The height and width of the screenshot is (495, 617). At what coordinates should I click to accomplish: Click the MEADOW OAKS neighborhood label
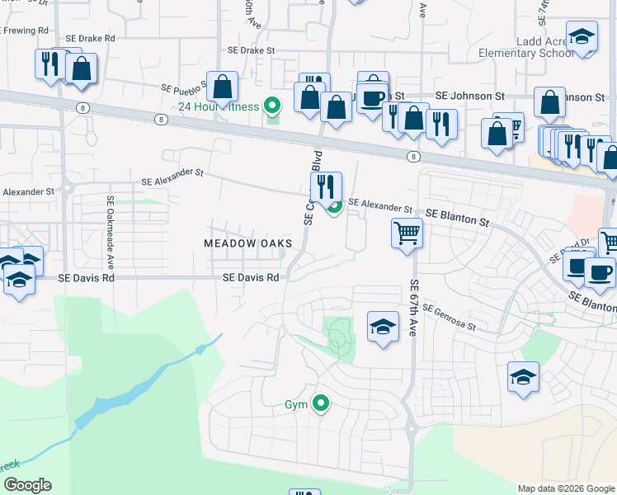[x=248, y=243]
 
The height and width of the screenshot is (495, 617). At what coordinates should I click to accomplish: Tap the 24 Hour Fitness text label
[x=219, y=106]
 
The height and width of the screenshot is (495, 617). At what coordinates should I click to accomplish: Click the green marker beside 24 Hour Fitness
[x=271, y=106]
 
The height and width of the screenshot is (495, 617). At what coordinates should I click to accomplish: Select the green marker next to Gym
[x=322, y=403]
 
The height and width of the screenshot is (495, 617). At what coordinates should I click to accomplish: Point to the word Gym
[x=295, y=405]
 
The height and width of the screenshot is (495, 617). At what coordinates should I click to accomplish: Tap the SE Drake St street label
[x=250, y=50]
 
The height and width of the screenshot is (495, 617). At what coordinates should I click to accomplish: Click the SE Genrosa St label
[x=449, y=318]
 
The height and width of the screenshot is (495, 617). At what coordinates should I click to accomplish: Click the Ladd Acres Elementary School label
[x=525, y=47]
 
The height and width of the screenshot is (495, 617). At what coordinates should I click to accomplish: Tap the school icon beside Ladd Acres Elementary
[x=582, y=38]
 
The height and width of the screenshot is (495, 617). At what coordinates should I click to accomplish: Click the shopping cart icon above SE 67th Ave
[x=407, y=233]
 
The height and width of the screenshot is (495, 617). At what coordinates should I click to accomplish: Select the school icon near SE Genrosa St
[x=383, y=328]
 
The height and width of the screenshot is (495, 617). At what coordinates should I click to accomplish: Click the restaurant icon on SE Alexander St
[x=326, y=186]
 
